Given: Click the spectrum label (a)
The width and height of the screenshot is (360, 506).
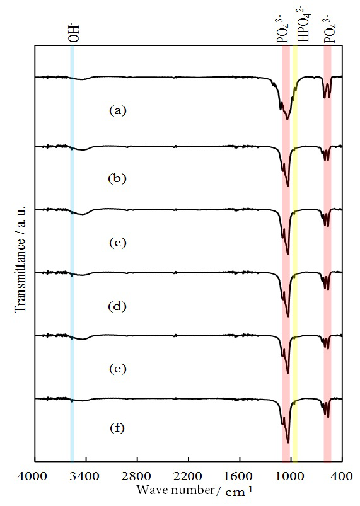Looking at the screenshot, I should point(118,110).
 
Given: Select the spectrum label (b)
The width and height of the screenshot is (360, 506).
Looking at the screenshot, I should point(118,178).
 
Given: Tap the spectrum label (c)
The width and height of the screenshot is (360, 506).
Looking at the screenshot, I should point(118,243).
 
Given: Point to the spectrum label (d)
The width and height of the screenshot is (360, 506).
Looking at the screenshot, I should point(118,307).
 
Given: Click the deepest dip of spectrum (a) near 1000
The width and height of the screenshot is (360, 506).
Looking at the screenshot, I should point(287,118).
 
